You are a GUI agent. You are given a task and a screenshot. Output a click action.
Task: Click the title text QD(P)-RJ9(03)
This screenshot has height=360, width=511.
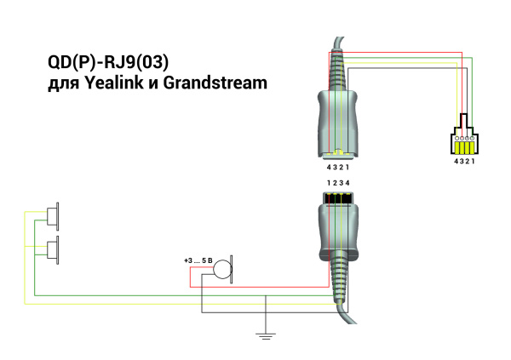pos(111,65)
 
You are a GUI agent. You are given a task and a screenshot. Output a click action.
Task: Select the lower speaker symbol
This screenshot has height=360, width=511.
pos(53,250)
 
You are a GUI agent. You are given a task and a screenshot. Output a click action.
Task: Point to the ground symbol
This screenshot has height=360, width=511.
pos(267,337)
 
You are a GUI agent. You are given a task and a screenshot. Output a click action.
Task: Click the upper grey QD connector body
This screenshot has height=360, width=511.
pos(339,119)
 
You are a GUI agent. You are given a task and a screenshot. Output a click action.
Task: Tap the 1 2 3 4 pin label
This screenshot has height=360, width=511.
pos(337,183)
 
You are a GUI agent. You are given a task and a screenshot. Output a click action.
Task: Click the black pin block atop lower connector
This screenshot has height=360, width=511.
pos(339,200)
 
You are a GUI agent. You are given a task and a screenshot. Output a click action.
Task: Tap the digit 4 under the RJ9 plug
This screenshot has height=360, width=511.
pos(455,161)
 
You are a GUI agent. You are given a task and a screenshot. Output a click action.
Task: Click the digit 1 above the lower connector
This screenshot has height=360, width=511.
pos(328,183)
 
